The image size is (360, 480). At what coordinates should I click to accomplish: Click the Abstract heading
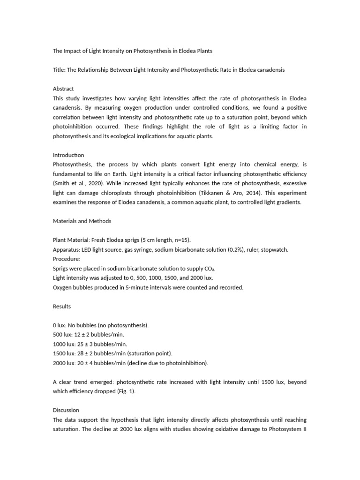click(x=63, y=89)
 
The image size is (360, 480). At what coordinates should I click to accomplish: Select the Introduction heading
click(x=68, y=155)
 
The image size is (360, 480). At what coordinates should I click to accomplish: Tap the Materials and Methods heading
click(x=82, y=221)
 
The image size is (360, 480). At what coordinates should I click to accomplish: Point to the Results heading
click(x=62, y=307)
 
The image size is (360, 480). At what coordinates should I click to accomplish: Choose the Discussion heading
click(x=66, y=410)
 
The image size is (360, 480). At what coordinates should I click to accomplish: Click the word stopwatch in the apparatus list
click(x=275, y=250)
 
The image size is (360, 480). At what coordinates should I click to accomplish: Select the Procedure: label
click(x=67, y=259)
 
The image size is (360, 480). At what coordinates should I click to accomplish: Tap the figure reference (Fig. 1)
click(x=123, y=391)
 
